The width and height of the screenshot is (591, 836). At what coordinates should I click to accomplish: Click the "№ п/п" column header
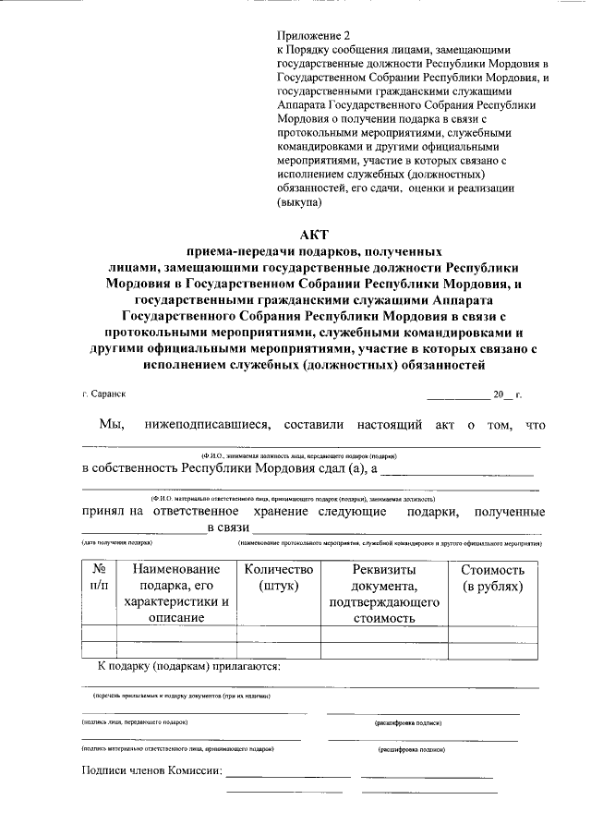[99, 577]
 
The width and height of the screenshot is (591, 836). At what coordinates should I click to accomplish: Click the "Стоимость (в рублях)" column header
[492, 577]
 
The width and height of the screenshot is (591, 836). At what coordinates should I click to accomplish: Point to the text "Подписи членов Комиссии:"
[151, 772]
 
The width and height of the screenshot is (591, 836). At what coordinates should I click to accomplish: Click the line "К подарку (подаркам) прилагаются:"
[189, 666]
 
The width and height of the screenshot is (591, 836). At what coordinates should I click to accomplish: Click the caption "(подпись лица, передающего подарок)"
[135, 722]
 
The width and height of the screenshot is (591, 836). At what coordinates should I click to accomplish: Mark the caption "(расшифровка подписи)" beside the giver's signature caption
[407, 723]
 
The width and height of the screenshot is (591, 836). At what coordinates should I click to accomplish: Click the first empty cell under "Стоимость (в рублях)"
[492, 634]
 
